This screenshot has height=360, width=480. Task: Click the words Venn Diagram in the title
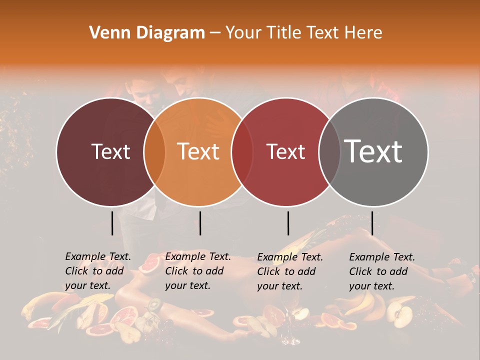pos(147,33)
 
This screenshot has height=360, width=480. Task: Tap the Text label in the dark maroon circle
pos(110,151)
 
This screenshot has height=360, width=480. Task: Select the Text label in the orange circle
pos(198,151)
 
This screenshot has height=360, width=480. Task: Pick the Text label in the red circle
pos(285,151)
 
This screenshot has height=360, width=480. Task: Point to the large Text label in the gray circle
pos(373,151)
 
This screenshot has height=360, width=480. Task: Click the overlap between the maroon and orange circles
pos(154,152)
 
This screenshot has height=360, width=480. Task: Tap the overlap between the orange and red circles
pos(242,152)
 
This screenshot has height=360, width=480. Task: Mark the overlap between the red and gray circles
pos(329,152)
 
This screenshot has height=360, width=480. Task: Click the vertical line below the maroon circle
pos(112,223)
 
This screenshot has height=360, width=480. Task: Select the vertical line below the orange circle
pos(200,223)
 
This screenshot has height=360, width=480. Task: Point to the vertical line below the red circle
pos(288,223)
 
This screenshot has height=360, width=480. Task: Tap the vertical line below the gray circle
pos(372,223)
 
